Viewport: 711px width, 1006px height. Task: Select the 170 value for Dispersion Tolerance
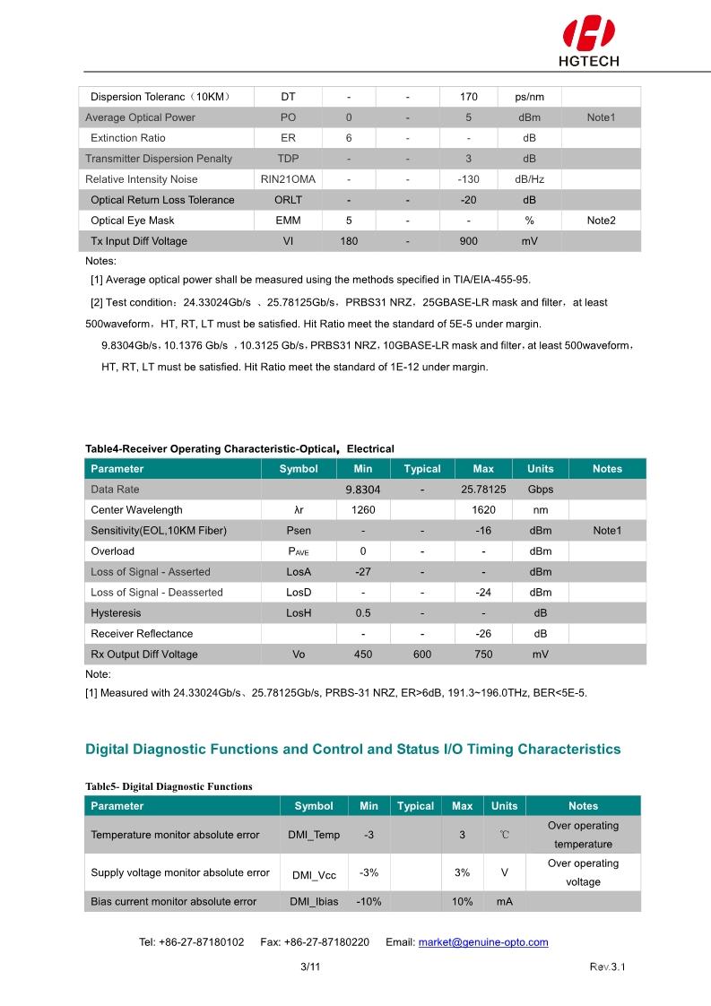click(x=468, y=97)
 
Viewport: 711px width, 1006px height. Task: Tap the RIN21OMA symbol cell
click(x=288, y=179)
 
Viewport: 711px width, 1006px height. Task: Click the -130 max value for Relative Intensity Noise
click(x=468, y=179)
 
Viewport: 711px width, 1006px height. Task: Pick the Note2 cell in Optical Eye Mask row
click(x=601, y=221)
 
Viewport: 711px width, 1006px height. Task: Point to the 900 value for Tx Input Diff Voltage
click(x=468, y=241)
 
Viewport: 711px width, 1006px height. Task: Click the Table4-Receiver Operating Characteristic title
click(x=239, y=448)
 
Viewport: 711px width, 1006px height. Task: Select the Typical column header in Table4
click(x=421, y=469)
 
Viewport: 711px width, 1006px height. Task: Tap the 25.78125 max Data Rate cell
click(x=483, y=490)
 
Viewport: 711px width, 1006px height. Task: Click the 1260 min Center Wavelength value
click(x=363, y=510)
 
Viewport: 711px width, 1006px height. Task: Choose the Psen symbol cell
click(x=299, y=531)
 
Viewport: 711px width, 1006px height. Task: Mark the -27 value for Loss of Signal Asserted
click(x=363, y=572)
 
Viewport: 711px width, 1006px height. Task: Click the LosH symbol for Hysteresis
click(x=299, y=613)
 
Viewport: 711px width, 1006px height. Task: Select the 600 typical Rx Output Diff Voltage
click(x=421, y=655)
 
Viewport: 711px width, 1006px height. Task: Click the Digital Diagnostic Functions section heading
click(x=352, y=749)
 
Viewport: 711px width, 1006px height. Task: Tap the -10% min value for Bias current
click(x=369, y=902)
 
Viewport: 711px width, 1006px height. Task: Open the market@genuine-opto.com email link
click(x=482, y=942)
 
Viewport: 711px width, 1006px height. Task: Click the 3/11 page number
click(x=310, y=967)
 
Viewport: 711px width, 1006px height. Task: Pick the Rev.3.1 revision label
click(x=606, y=967)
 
